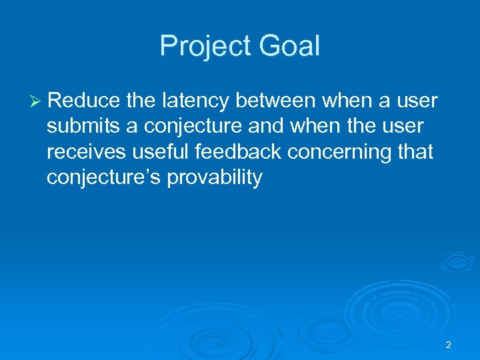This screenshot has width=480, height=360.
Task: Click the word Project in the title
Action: point(203,47)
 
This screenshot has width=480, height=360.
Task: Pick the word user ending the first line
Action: point(418,101)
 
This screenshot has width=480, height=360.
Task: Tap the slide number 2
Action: point(448,345)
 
